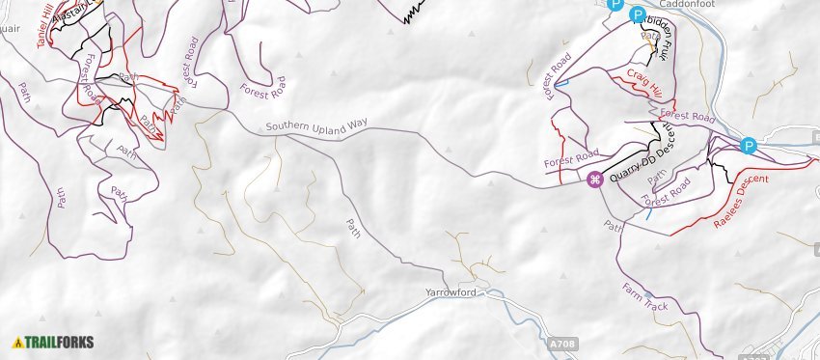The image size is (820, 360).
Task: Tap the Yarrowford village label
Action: [x=451, y=291]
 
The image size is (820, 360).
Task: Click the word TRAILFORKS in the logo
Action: [x=60, y=342]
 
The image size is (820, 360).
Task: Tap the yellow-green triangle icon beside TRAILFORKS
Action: [x=17, y=342]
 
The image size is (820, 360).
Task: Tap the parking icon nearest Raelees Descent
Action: [x=748, y=146]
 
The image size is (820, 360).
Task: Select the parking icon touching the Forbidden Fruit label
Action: [x=637, y=14]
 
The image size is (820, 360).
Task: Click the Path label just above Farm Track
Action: [x=612, y=228]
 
